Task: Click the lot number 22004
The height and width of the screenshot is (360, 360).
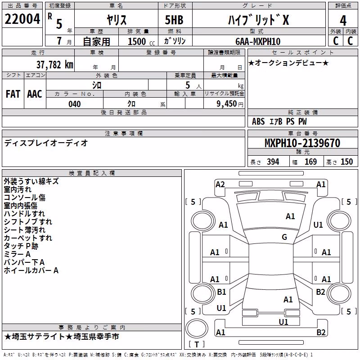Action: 22,19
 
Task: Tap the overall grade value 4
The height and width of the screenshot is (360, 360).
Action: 343,21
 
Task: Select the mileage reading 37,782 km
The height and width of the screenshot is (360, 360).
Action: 55,65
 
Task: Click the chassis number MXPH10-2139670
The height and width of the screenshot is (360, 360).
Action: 302,143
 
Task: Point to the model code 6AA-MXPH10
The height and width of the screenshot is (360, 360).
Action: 258,41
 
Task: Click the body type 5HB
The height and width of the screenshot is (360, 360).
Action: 174,20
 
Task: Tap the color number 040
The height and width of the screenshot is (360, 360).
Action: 74,104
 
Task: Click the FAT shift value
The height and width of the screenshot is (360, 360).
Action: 13,94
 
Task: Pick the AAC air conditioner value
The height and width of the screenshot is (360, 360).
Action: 35,94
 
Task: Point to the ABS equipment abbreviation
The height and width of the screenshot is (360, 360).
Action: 258,121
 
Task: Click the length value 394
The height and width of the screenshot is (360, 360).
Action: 273,162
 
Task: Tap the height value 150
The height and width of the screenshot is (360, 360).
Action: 346,162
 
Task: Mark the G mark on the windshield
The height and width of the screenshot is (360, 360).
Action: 284,237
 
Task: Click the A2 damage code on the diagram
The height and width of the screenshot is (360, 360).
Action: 220,184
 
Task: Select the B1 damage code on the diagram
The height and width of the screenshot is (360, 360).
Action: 221,292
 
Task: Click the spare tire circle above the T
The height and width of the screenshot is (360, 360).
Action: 197,328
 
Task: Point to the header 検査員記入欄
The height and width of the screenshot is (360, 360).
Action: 92,173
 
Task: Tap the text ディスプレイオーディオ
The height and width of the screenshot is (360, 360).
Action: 46,143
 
